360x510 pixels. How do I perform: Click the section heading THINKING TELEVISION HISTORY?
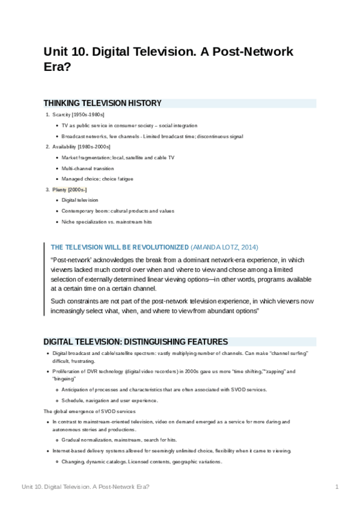tap(102, 103)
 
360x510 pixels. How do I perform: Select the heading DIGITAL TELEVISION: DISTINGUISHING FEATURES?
tap(135, 342)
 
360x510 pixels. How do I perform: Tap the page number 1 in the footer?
tap(337, 487)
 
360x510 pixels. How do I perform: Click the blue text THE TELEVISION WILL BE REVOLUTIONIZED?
tap(119, 247)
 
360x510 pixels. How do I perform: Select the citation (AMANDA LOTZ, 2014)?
tap(224, 247)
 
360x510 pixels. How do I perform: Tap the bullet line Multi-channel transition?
tap(87, 168)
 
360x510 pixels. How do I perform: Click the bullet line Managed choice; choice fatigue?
tap(97, 179)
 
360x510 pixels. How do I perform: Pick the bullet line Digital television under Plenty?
tap(80, 200)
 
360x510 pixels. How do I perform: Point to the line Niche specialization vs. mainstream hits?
tap(106, 221)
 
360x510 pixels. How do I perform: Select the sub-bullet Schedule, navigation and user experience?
tap(109, 401)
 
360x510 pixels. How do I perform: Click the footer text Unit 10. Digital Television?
tap(84, 487)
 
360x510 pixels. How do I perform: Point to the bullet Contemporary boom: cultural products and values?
tap(118, 211)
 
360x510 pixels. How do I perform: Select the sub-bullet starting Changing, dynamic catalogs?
tap(142, 462)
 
